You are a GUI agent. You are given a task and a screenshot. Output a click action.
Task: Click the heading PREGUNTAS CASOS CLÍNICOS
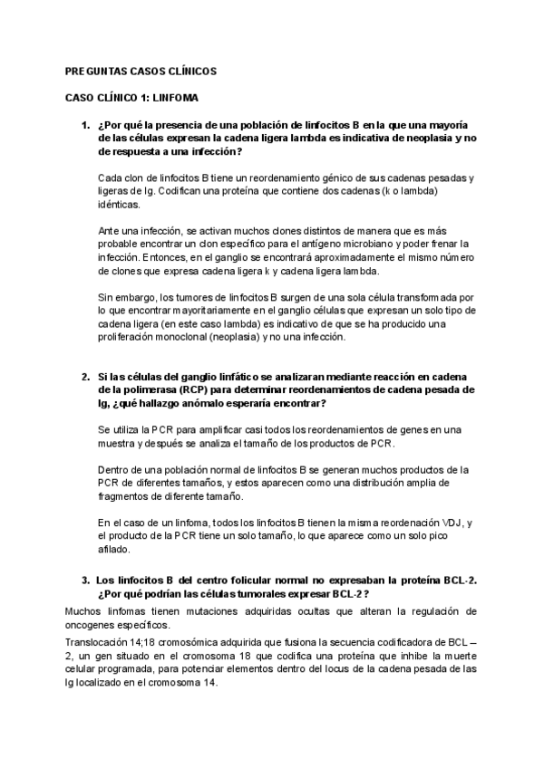141,71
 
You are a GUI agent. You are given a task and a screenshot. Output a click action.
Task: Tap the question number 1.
85,124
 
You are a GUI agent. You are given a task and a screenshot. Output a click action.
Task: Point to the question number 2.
85,376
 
